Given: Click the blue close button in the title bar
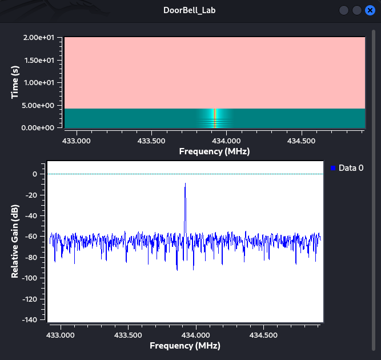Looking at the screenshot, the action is pos(370,10).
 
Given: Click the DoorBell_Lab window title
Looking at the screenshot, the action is pos(189,10).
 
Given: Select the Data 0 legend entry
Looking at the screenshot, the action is pos(347,168).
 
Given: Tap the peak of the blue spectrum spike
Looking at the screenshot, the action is pos(186,183).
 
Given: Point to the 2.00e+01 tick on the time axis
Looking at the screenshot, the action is pos(39,38).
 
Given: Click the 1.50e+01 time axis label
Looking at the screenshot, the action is pos(39,60).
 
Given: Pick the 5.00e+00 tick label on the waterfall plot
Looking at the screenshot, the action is pos(38,106).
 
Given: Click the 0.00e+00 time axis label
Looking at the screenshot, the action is pos(38,128).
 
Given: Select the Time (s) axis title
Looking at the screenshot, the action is pos(15,82).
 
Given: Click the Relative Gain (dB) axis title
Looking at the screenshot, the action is pos(15,241).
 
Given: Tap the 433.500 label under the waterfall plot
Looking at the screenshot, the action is pos(151,141).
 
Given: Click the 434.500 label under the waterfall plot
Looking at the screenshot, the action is pos(301,141).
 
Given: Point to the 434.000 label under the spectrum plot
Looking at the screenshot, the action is pos(195,335).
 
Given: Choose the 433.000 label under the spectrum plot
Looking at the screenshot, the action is pos(61,335).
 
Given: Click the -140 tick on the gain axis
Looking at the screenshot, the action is pos(30,319).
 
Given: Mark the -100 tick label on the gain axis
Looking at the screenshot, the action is pos(30,278).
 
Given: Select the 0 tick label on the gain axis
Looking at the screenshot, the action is pos(35,174).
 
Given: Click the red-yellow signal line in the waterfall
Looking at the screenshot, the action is pos(215,118).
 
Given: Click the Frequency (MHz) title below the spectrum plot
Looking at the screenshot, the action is pos(185,346).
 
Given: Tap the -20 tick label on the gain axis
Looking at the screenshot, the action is pos(31,195).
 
